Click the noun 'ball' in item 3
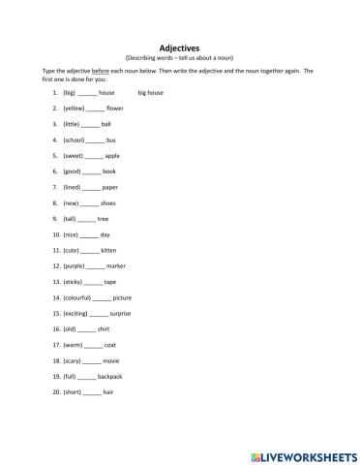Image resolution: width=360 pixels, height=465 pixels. coord(106,125)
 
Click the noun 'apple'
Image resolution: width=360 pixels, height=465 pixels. coord(112,156)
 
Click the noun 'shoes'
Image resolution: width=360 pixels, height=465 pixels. coord(107,203)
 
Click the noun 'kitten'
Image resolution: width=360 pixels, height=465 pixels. coord(109,250)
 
